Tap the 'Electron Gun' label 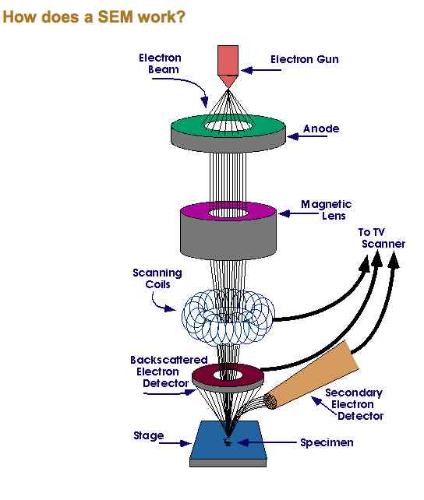(x=305, y=59)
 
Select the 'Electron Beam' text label (x=161, y=64)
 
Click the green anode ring (x=228, y=125)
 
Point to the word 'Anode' (x=321, y=129)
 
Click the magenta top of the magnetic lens (x=228, y=211)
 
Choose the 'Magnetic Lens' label (x=327, y=210)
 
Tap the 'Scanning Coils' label (x=157, y=279)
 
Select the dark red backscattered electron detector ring (x=228, y=373)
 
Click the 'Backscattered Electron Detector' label (x=169, y=371)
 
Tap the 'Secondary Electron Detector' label (x=354, y=404)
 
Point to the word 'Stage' (x=148, y=436)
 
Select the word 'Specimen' (x=327, y=442)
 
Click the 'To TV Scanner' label (x=382, y=238)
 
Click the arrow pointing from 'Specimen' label (x=267, y=442)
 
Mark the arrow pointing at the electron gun (x=261, y=70)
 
